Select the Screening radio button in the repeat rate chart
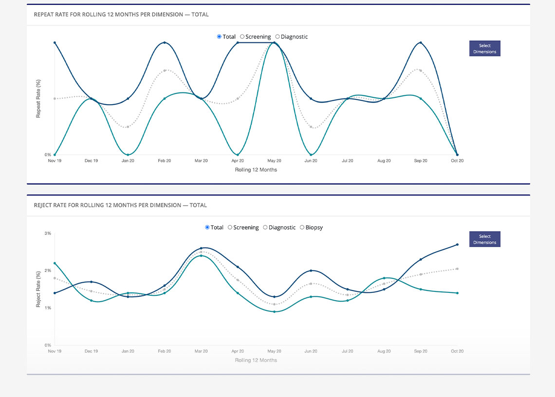pos(242,36)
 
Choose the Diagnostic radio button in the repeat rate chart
pos(277,36)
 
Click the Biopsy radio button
pos(302,227)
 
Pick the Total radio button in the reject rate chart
pos(207,227)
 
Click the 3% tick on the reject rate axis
pos(48,234)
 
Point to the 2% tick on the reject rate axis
pos(48,271)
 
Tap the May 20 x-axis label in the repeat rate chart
pos(274,161)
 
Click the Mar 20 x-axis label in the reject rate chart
pos(201,351)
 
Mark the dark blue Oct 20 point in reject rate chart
pos(457,245)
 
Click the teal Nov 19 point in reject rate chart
pos(55,263)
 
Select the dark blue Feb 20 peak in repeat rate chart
pos(165,43)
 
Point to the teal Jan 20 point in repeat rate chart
pos(128,155)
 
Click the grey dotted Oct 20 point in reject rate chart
pos(457,269)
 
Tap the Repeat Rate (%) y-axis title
pos(38,99)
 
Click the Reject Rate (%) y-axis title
pos(38,289)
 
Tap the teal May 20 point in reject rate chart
pos(274,311)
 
